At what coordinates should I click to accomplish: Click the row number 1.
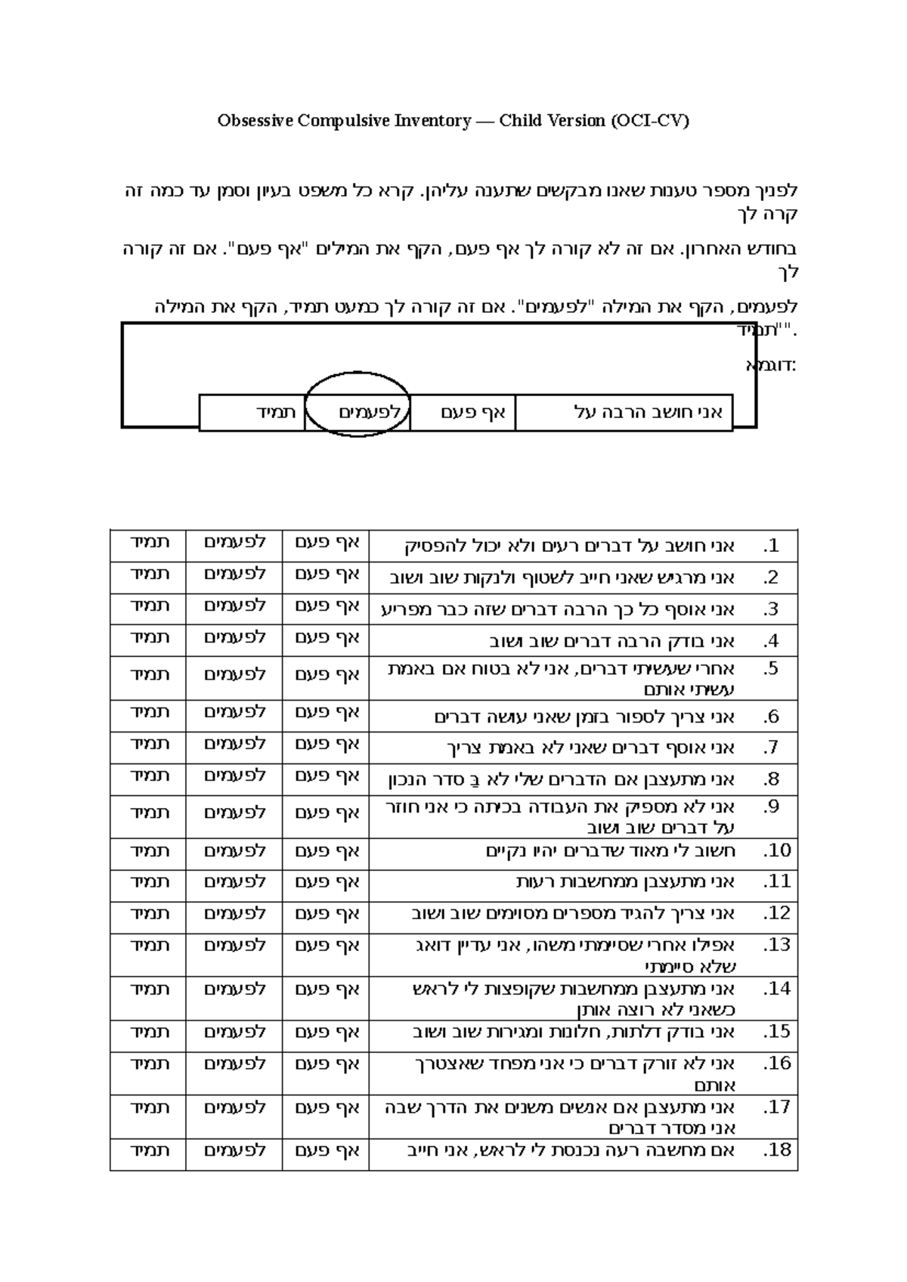[771, 546]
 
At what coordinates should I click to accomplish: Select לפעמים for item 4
[235, 639]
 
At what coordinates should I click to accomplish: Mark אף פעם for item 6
[327, 714]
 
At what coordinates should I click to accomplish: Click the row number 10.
[777, 851]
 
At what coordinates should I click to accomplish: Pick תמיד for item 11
[150, 883]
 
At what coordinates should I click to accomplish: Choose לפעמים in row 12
[235, 915]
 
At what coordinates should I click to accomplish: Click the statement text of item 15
[574, 1033]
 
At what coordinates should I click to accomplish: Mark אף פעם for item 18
[327, 1152]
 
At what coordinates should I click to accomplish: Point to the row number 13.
[777, 946]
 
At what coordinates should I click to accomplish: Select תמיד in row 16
[150, 1065]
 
